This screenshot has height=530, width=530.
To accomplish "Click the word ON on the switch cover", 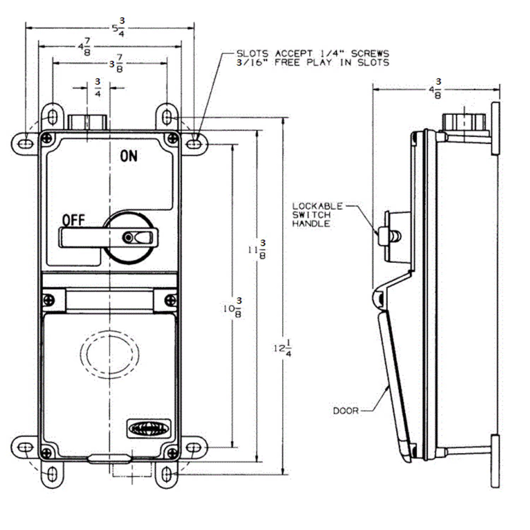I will click(129, 155).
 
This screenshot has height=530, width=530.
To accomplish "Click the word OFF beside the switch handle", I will click(73, 220).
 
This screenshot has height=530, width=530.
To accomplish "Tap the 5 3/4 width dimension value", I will click(118, 28).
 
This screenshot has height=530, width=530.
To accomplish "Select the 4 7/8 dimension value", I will click(84, 45).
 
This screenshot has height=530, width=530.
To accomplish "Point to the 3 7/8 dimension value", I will click(116, 64).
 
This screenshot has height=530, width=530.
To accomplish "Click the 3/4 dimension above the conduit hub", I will click(98, 87).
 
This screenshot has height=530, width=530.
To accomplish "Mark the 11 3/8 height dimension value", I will click(256, 250).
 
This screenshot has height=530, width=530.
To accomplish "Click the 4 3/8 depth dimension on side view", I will click(435, 89).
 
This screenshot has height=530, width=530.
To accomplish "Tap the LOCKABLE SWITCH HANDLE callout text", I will click(317, 215).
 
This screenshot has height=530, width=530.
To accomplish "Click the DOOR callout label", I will click(345, 411).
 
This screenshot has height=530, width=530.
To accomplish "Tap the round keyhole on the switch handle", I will click(129, 238).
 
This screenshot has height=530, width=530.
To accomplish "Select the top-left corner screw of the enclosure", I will click(46, 138).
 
